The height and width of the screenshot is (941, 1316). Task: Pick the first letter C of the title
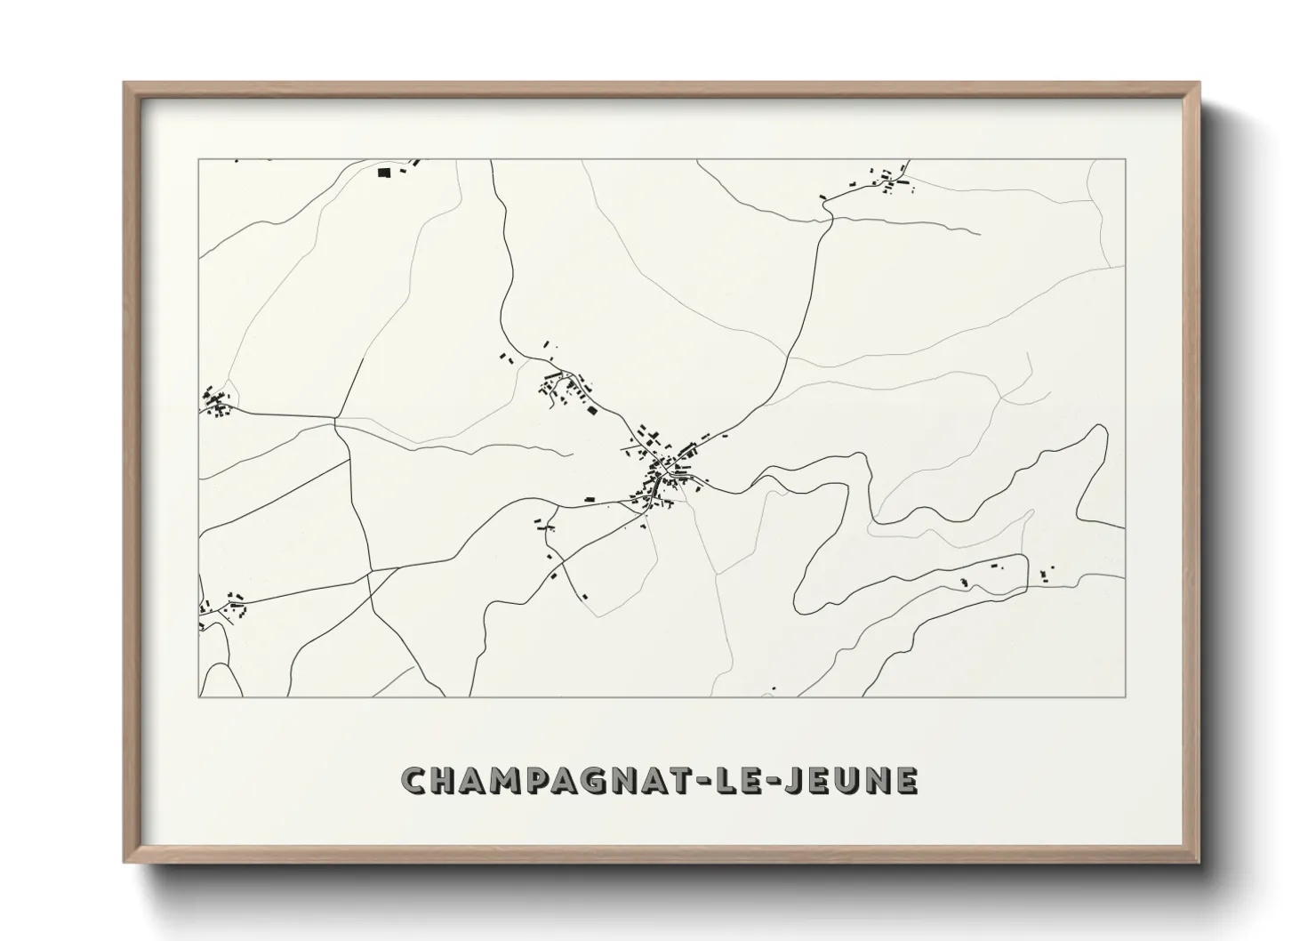coord(415,780)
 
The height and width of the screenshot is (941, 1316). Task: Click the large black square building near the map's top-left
coord(384,173)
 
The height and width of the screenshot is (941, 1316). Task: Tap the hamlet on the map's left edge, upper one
coord(216,402)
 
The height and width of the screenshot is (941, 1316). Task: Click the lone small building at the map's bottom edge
coord(774,688)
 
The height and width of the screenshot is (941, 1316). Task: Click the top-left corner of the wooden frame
coord(125,84)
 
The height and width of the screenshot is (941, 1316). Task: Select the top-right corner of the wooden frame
coord(1198,84)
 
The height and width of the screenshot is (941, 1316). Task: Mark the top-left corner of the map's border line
coord(198,159)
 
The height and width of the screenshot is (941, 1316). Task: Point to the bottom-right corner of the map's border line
coord(1125,696)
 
